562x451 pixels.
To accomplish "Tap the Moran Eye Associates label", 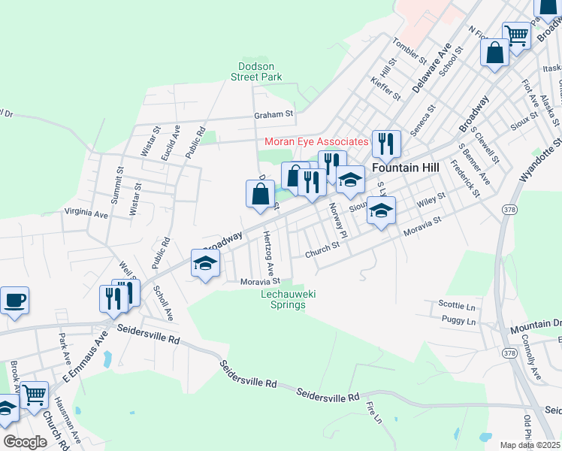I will pyautogui.click(x=316, y=141).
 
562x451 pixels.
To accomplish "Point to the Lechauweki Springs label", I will pyautogui.click(x=287, y=300).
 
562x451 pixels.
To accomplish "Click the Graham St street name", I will pyautogui.click(x=273, y=114).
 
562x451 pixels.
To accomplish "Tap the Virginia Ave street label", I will pyautogui.click(x=86, y=213).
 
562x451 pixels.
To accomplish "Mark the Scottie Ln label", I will pyautogui.click(x=457, y=306).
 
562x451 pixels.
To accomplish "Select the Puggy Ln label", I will pyautogui.click(x=459, y=322).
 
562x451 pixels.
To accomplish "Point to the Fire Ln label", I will pyautogui.click(x=373, y=412).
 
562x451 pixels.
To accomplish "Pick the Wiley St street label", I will pyautogui.click(x=431, y=201).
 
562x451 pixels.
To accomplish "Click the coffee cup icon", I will pyautogui.click(x=14, y=301).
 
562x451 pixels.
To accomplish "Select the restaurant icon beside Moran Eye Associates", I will pyautogui.click(x=386, y=143).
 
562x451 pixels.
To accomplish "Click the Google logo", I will pyautogui.click(x=25, y=441).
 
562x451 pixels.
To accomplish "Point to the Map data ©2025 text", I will pyautogui.click(x=531, y=445).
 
